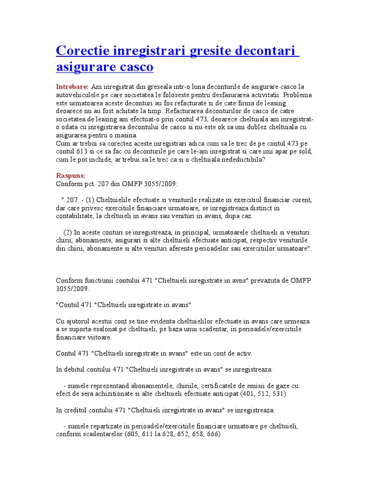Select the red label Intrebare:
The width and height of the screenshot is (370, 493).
point(72,87)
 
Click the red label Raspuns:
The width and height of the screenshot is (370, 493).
point(70,176)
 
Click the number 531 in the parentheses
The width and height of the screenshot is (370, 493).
point(278,394)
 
